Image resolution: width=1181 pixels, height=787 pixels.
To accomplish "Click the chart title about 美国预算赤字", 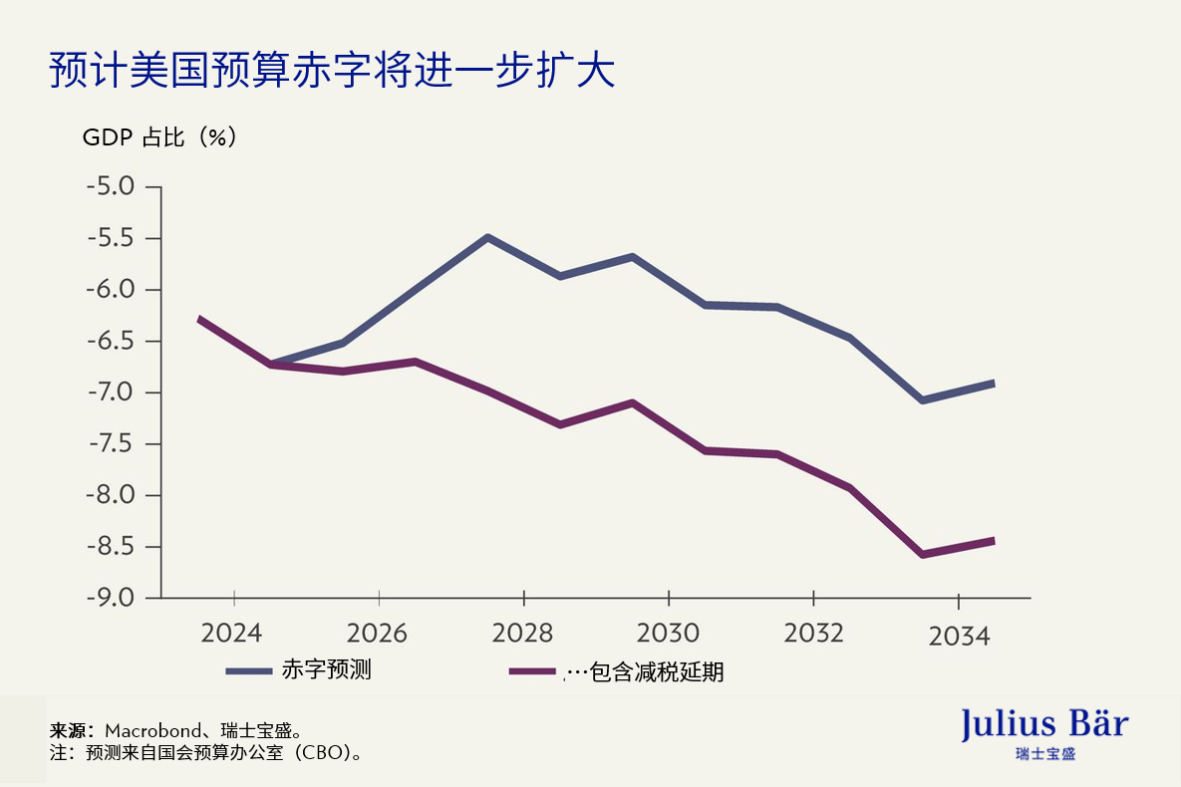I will [x=331, y=73].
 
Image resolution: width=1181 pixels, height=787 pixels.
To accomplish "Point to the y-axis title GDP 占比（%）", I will [x=159, y=137].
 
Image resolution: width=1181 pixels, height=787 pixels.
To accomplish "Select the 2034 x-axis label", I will [x=959, y=636].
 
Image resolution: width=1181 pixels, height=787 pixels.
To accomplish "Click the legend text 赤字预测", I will [x=327, y=670].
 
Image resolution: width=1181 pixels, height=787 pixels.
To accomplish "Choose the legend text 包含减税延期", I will [x=657, y=672].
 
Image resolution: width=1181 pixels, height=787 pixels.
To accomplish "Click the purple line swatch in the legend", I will [x=533, y=671].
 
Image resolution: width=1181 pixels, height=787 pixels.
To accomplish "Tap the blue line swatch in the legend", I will [x=249, y=671].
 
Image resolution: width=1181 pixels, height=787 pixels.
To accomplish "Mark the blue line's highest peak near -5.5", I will [x=487, y=237].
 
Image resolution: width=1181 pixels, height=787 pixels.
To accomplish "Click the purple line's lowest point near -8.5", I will [x=922, y=555].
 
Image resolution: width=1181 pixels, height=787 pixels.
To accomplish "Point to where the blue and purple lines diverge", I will [x=270, y=365].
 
